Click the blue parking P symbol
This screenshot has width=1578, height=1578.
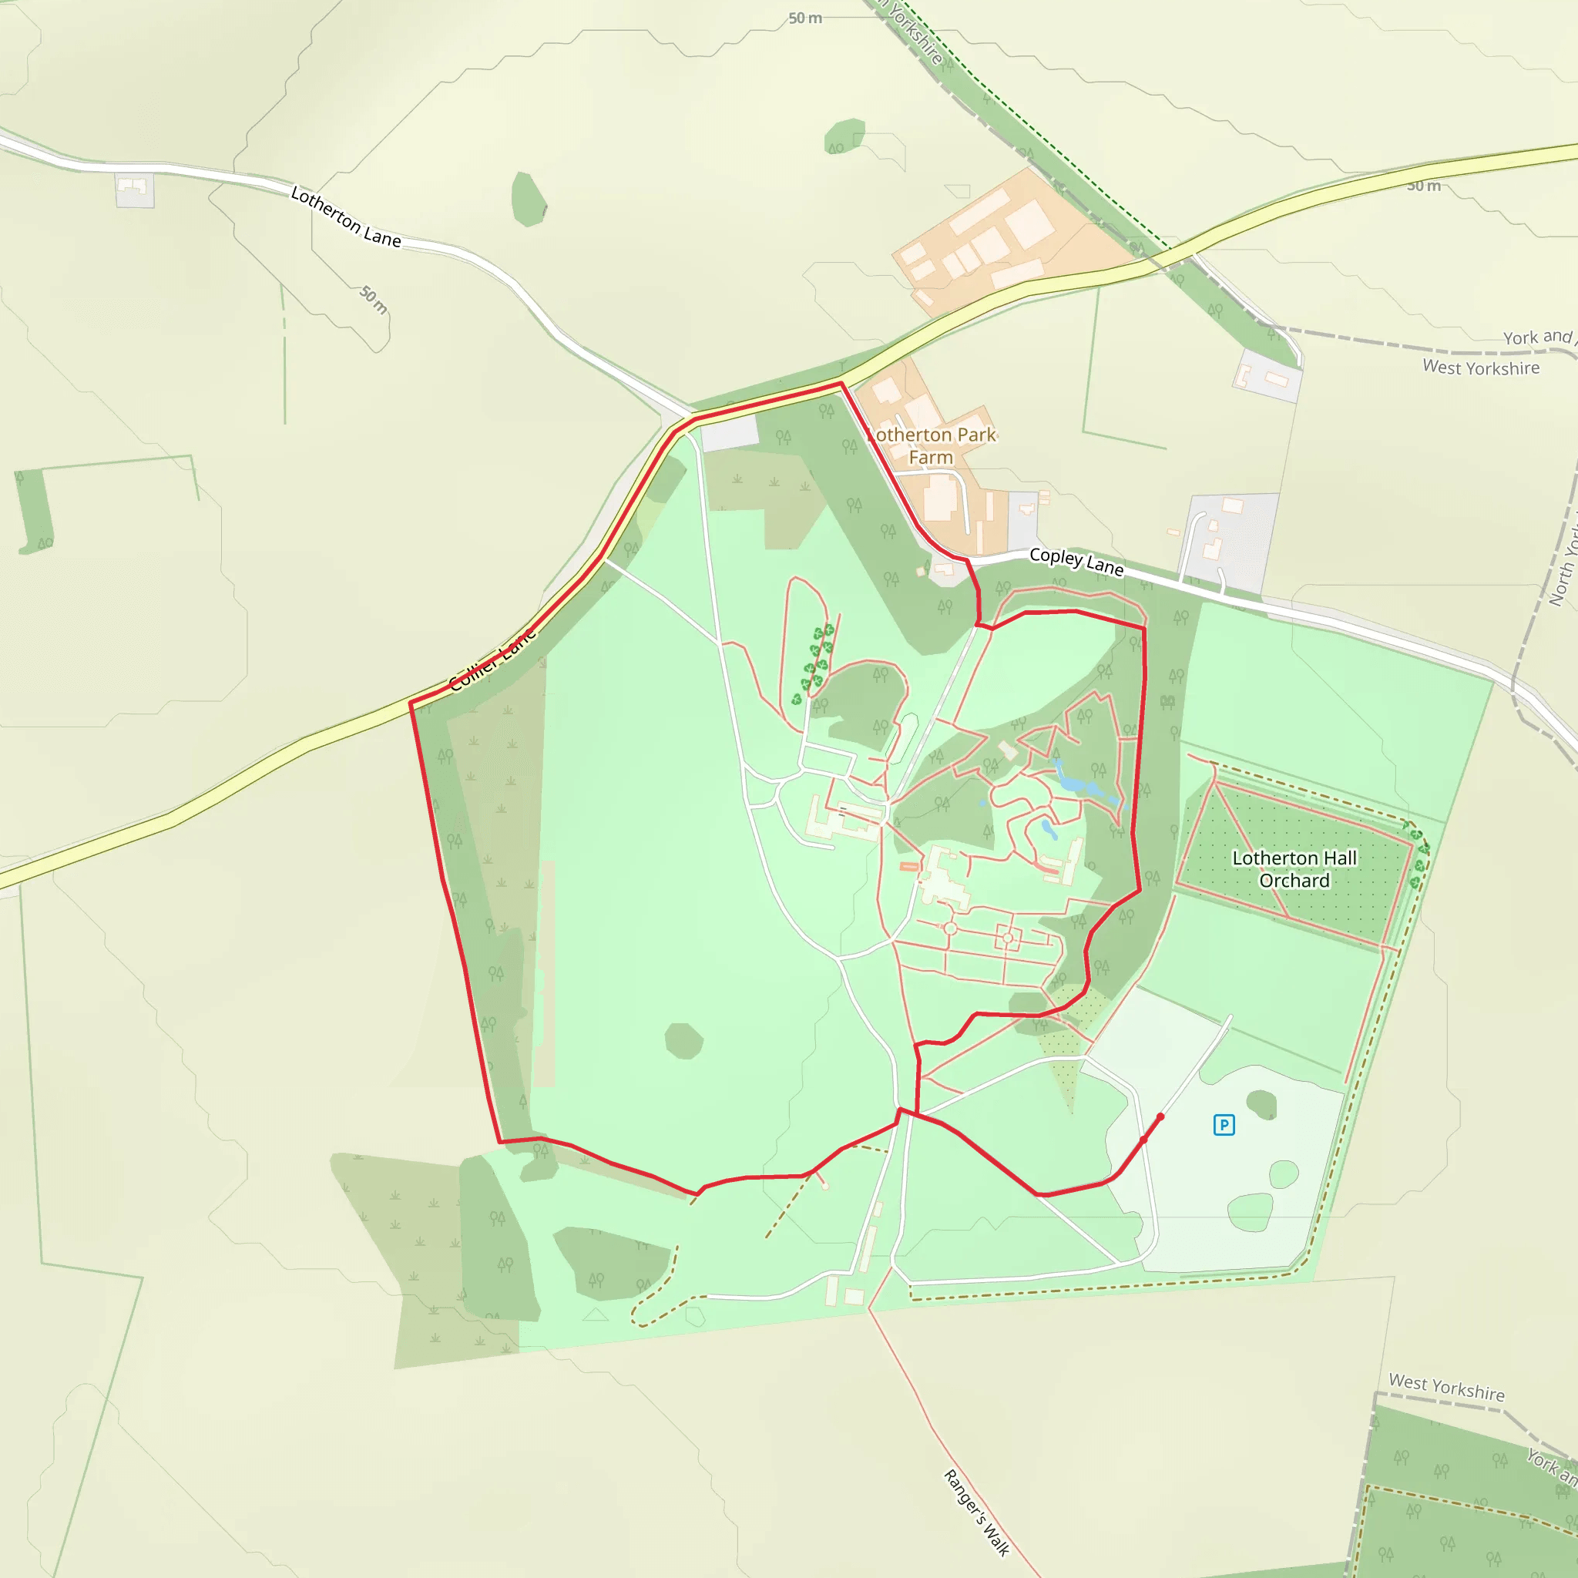coord(1224,1126)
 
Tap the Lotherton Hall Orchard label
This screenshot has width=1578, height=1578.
coord(1294,869)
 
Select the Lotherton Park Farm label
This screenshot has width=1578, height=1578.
coord(933,446)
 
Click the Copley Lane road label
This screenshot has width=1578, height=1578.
coord(1076,561)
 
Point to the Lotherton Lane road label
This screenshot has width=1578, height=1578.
coord(346,217)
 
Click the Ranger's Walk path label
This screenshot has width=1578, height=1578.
coord(977,1513)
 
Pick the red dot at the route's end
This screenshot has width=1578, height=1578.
coord(1160,1116)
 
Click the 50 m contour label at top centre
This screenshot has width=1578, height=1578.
coord(805,18)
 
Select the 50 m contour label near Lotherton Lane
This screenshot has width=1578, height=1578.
coord(374,300)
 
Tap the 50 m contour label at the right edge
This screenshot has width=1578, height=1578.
coord(1424,186)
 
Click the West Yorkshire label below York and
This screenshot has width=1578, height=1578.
coord(1481,368)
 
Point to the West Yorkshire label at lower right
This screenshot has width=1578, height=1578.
coord(1446,1387)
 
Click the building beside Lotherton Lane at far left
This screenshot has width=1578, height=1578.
coord(134,190)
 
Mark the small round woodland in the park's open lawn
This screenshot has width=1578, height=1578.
coord(683,1040)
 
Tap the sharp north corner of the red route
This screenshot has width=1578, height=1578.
coord(841,383)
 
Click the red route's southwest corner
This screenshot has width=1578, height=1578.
coord(500,1141)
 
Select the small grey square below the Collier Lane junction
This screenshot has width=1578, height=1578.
coord(730,434)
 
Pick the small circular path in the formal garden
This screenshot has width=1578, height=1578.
coord(950,928)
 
